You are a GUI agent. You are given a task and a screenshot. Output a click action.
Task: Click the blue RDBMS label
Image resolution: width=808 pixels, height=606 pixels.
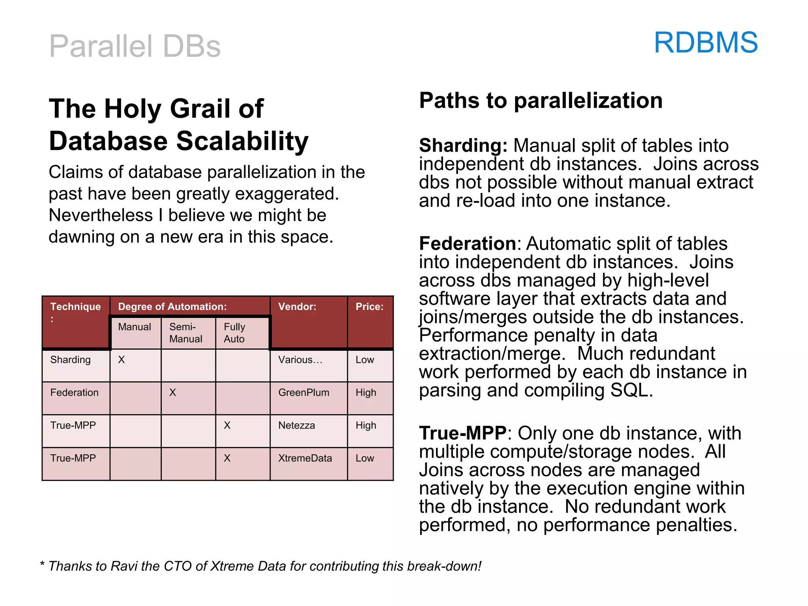pos(705,43)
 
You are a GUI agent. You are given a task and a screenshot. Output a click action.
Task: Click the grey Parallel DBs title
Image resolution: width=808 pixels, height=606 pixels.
pos(135,47)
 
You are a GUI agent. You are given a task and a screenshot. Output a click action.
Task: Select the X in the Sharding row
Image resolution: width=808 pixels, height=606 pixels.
pos(122,360)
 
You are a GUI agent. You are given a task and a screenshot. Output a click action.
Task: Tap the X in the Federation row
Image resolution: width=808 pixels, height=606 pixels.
pos(172,393)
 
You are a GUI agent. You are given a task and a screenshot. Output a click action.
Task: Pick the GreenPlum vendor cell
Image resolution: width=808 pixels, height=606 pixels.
pos(303,393)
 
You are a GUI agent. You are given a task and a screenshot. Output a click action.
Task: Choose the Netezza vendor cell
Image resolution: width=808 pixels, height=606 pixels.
pos(296,425)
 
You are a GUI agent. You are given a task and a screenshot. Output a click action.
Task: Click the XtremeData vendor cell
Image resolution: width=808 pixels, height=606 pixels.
pos(305,458)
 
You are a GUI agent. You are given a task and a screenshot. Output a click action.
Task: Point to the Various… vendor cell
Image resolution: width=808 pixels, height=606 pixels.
pos(300,360)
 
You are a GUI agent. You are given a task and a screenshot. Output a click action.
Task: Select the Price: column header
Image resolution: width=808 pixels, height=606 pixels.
pos(369,307)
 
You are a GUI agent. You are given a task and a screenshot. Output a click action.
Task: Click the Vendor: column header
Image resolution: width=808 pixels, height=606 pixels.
pos(297,307)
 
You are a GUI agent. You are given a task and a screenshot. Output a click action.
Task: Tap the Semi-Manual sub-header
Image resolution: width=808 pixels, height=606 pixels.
pos(185,333)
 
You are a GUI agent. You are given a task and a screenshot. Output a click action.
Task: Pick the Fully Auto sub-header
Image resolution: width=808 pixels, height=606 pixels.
pos(234,333)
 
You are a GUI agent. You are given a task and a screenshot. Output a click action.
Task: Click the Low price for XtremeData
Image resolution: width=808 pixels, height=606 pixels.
pos(365,458)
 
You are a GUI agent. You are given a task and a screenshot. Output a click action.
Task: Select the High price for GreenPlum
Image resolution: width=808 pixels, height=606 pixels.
pos(366,393)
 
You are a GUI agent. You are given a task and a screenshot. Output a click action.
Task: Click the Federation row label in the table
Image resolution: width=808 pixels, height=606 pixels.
pos(74,393)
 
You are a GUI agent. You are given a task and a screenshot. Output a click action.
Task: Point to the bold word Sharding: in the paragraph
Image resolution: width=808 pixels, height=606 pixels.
pos(463,146)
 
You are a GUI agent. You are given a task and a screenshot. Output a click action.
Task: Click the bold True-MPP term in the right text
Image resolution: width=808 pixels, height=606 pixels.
pos(462,433)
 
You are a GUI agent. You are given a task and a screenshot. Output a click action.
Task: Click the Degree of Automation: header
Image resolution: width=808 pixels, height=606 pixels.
pos(172,307)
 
